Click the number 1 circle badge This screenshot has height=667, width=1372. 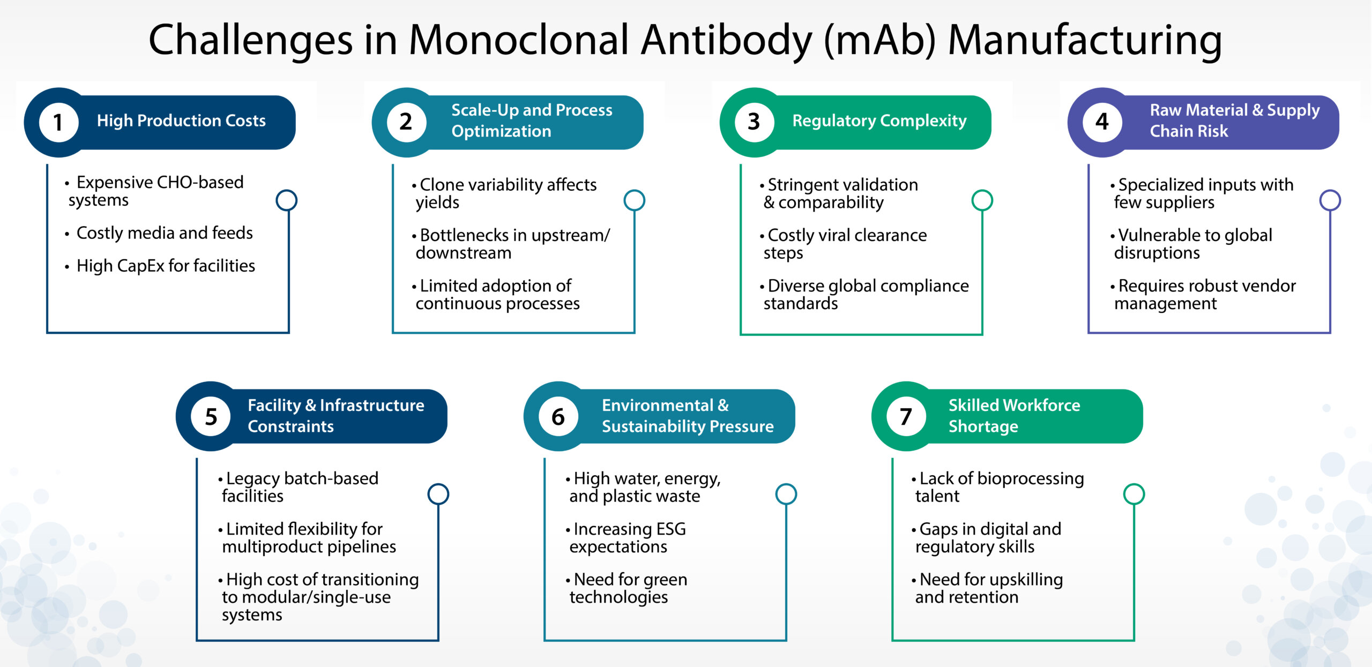pos(58,122)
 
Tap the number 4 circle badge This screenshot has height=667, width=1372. pos(1102,122)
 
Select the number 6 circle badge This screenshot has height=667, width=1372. pos(558,416)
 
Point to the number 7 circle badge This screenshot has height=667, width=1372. pos(906,416)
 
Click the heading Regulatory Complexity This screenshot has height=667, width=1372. pos(879,121)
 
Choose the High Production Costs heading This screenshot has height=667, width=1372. pos(181,121)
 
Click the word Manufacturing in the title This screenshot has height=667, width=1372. pos(1085,40)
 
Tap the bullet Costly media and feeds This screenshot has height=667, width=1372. pos(165,233)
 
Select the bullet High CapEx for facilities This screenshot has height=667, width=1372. pos(166,266)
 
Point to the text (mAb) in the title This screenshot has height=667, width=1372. pos(879,40)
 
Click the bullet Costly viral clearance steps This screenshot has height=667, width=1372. pos(846,244)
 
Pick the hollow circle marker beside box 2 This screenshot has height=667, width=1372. pos(635,200)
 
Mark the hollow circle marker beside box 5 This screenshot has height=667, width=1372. pos(438,494)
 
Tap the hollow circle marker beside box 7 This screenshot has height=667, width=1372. pos(1134,494)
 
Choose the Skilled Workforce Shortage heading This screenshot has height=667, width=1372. pos(1014,416)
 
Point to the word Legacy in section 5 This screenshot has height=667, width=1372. pos(253,478)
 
